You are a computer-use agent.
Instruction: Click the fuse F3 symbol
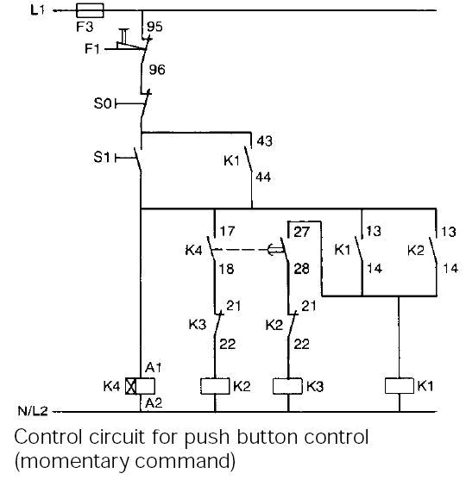tap(91, 11)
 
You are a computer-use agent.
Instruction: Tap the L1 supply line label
tap(37, 10)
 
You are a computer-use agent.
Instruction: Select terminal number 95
tap(154, 27)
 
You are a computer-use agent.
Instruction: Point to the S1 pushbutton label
tap(103, 157)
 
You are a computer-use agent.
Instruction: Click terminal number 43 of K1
tap(265, 140)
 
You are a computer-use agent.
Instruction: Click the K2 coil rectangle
tap(212, 386)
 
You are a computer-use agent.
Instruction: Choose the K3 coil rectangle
tap(286, 386)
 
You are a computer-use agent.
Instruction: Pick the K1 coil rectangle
tap(398, 386)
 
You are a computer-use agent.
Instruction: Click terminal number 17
tap(228, 232)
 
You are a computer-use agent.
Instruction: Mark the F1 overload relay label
tap(93, 48)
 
